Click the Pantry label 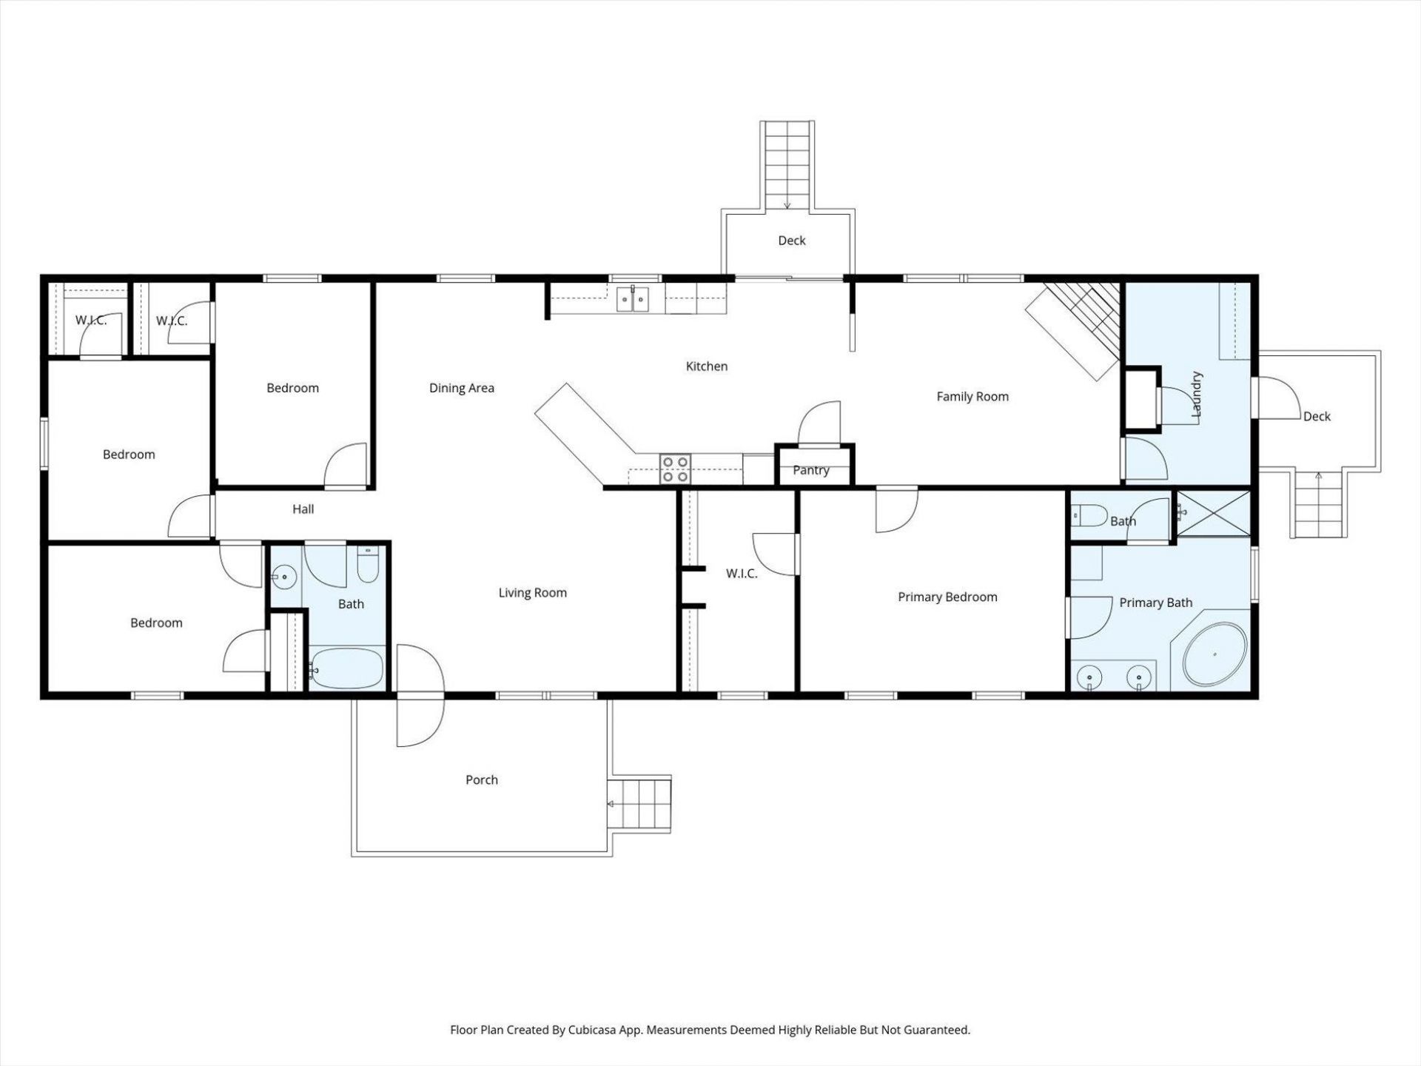(811, 470)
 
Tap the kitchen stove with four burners (675, 469)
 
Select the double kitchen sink (633, 300)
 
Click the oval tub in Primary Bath (1214, 655)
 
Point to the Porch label (481, 780)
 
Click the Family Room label (972, 396)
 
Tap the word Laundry (1196, 395)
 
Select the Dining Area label (461, 388)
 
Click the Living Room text (532, 592)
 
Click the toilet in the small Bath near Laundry (1088, 514)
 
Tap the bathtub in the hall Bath (346, 668)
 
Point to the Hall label (303, 509)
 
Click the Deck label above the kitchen (791, 240)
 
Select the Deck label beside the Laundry (1317, 416)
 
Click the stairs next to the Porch (639, 804)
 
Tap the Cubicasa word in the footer (594, 1030)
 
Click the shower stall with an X (1213, 514)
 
